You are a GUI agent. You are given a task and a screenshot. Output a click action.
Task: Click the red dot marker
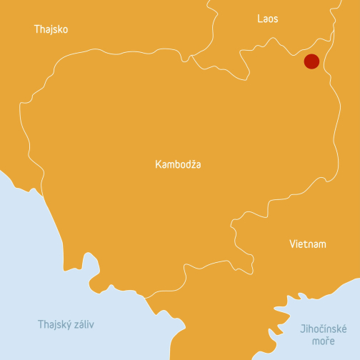311,61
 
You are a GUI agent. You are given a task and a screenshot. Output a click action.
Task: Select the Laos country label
268,19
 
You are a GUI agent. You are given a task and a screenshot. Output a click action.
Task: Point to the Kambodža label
178,164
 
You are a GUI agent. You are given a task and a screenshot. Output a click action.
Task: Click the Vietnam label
308,244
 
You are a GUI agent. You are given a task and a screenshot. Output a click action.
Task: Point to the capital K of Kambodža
158,164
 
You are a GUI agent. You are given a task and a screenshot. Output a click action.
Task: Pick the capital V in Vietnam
292,244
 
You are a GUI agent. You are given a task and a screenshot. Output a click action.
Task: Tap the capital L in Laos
259,19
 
